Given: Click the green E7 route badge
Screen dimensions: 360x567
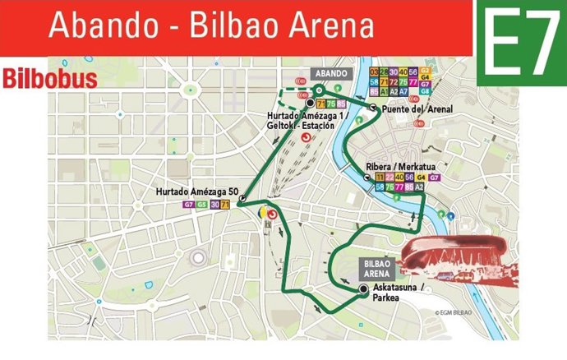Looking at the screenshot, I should point(519,44).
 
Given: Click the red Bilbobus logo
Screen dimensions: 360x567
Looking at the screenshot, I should point(49,80).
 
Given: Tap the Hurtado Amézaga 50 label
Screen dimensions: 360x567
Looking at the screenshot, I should point(196,192).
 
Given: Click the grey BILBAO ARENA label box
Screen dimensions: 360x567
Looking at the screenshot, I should point(379,268).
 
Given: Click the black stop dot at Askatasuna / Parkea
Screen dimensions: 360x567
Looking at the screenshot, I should point(363,288).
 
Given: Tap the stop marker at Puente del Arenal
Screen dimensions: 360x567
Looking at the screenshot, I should point(373,108).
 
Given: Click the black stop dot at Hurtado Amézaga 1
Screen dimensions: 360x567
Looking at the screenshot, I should point(311,104).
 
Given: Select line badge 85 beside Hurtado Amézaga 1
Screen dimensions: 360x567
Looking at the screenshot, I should point(341,104).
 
